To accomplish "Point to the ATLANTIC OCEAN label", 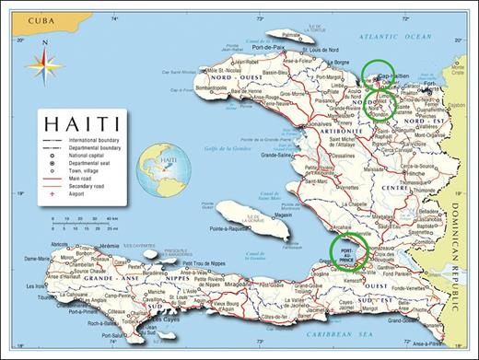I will point(393,36).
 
